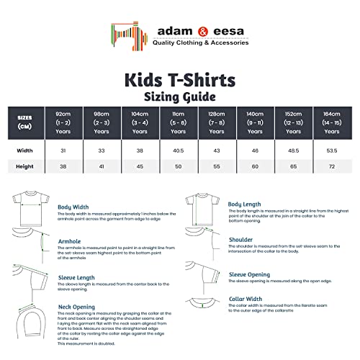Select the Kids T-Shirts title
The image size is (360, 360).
[180, 78]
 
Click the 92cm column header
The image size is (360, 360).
[62, 122]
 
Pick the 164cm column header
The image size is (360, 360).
[331, 122]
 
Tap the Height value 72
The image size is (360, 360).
[331, 166]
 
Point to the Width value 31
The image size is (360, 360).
[62, 150]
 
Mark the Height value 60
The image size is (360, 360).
[254, 166]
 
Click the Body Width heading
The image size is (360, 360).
[73, 207]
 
